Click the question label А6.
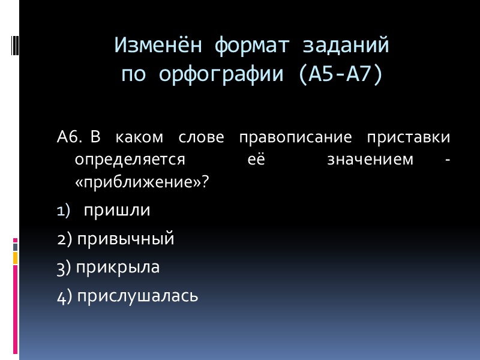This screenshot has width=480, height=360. point(69,138)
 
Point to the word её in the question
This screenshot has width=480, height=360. point(256,160)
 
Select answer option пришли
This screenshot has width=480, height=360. point(116,211)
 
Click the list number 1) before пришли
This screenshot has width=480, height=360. point(64,211)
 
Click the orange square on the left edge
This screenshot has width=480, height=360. point(15,257)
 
